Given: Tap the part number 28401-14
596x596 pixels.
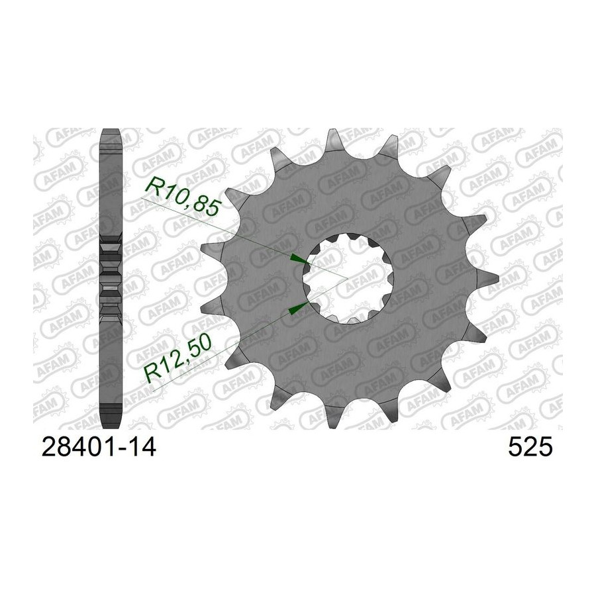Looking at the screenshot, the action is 99,446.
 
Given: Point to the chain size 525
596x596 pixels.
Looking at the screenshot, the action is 530,446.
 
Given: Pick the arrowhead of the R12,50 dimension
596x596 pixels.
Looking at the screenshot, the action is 299,308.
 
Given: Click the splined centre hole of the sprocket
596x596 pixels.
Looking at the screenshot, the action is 348,279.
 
